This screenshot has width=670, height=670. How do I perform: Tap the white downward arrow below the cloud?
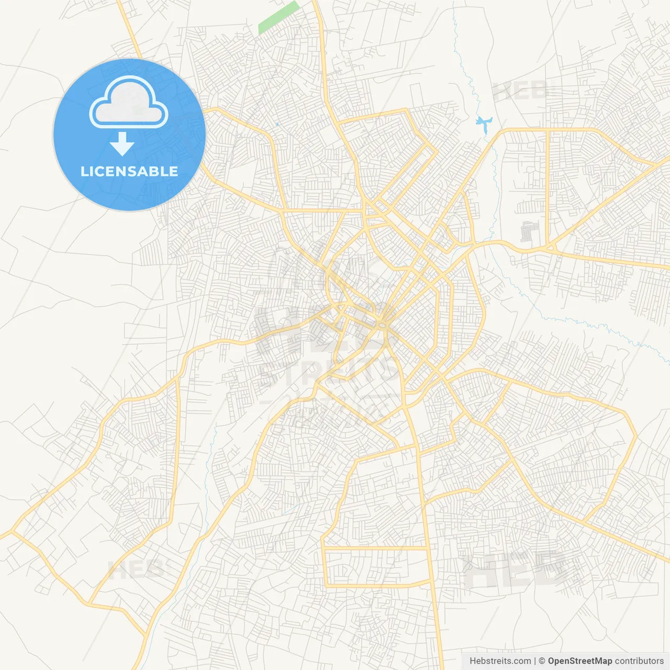pos(122,144)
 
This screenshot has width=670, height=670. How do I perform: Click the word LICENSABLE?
pos(129,171)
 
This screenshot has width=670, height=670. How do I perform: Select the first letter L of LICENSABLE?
pos(84,171)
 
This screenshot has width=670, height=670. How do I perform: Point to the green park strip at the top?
pos(278,18)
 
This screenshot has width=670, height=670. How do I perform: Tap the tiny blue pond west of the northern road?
pos(276,124)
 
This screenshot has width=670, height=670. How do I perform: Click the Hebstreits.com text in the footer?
pos(500,661)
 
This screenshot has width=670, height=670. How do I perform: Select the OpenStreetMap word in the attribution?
pos(579,661)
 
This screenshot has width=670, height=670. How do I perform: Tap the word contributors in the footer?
pos(639,661)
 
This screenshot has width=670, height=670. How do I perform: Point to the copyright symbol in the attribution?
pos(542,661)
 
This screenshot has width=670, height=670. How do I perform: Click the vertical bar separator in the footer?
pos(535,661)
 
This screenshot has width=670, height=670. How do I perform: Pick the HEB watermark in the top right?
pos(520,92)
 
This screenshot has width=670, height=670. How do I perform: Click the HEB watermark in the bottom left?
pos(135,569)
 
